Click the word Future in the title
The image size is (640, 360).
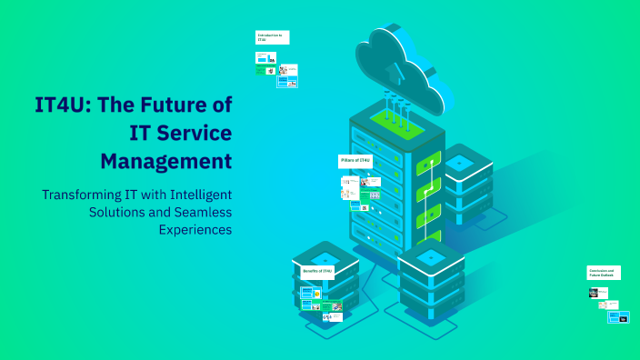(170, 105)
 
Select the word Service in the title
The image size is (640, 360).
(190, 133)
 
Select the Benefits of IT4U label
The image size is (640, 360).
(317, 271)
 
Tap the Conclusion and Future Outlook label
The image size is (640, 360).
(604, 273)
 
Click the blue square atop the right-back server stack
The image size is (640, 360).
(459, 163)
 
